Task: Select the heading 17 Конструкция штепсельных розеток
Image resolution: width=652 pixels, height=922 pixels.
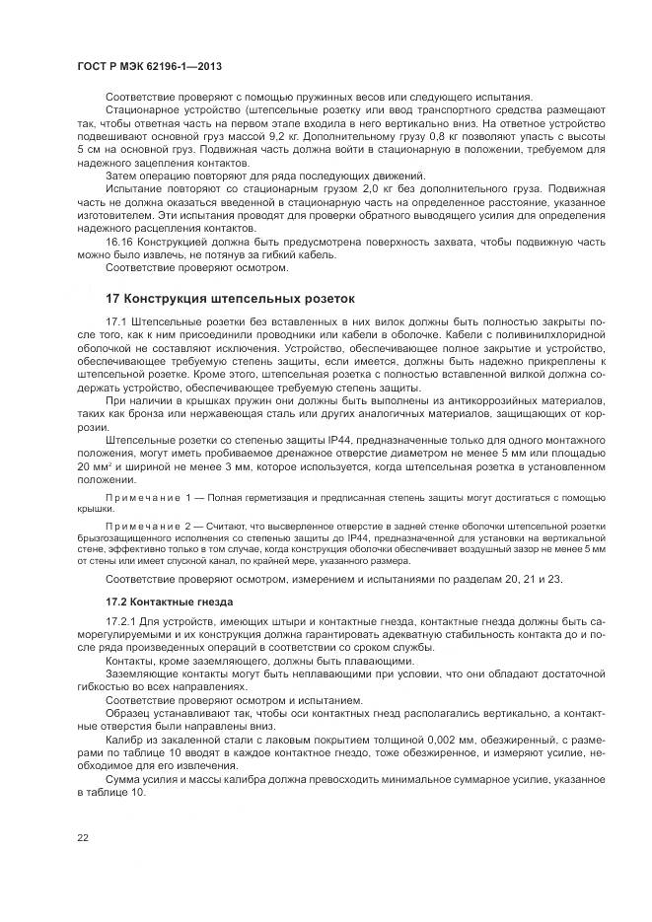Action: click(x=228, y=297)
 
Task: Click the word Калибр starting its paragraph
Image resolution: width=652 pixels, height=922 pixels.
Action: click(x=123, y=738)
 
